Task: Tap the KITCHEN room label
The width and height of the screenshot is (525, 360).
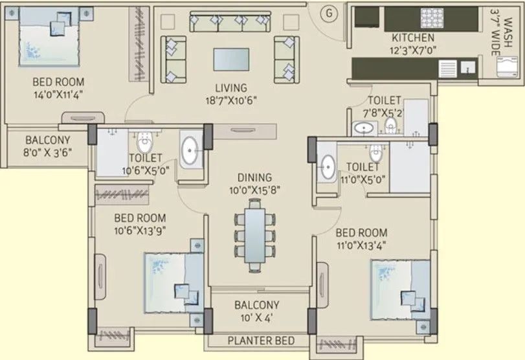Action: coord(413,38)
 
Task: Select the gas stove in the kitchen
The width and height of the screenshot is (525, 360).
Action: coord(430,17)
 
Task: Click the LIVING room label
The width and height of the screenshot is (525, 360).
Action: coord(231,88)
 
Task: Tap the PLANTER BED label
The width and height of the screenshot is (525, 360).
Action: coord(260,341)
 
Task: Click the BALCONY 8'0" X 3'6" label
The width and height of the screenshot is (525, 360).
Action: coord(48,146)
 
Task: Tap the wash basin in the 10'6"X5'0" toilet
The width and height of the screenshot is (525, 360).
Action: coord(190,152)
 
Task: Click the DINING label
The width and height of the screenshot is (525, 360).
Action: coord(254,177)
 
